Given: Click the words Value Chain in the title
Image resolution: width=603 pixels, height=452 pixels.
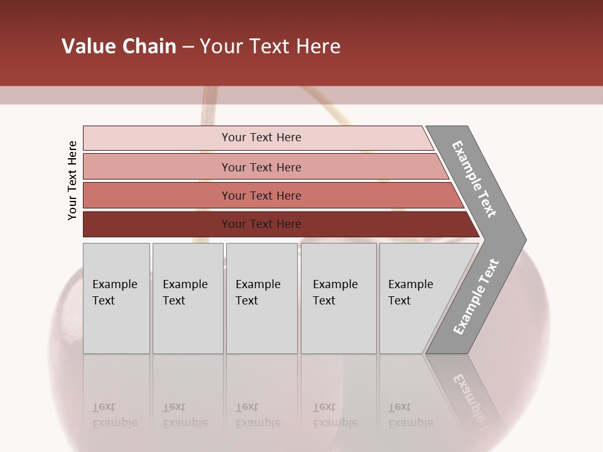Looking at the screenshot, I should coord(119,46).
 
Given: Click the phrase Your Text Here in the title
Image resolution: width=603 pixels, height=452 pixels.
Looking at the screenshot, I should coord(270,46).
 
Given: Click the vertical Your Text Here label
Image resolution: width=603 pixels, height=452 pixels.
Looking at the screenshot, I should coord(72,180).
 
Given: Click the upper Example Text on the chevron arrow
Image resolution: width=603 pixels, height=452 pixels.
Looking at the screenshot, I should coord(474,179).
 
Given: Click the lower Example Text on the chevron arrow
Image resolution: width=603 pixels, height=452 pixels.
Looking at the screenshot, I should coord(475,297).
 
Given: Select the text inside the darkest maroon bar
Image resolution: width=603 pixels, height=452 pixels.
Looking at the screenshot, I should coord(261,224).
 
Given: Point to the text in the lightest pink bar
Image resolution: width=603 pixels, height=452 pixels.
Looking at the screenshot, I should coord(261,137).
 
